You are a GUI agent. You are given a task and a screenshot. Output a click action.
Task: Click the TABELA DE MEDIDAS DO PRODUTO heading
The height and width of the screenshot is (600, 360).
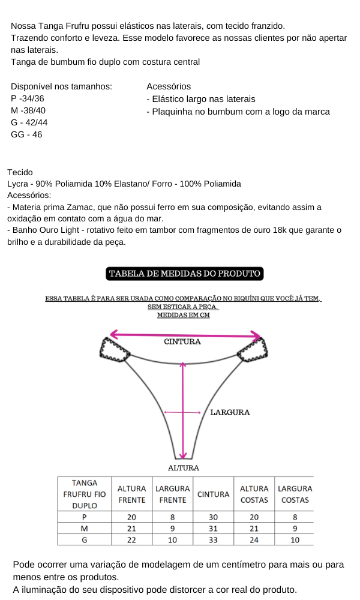tap(184, 274)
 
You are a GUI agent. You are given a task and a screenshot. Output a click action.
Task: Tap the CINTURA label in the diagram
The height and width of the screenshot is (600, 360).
tap(182, 342)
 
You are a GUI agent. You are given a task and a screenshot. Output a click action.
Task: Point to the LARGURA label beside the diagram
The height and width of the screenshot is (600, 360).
tap(230, 412)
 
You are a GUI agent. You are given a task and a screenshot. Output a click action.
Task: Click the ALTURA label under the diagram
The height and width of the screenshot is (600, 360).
tap(183, 467)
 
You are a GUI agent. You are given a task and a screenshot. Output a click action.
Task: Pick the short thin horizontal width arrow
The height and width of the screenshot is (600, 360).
tap(182, 412)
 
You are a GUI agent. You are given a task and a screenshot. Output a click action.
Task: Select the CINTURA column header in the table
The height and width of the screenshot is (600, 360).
tap(214, 494)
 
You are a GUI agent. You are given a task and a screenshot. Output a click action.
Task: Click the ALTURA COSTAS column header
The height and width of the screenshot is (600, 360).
tap(254, 494)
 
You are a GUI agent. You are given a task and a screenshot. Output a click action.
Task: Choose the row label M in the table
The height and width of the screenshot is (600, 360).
tap(84, 529)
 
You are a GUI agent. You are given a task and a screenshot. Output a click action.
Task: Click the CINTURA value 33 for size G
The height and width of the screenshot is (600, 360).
tap(213, 540)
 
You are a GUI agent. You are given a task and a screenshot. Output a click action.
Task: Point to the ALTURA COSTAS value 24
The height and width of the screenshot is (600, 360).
tap(254, 540)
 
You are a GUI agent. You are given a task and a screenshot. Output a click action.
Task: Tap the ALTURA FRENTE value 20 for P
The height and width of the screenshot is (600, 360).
tap(132, 517)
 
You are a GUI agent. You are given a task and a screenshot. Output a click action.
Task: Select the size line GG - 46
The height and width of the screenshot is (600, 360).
tap(26, 134)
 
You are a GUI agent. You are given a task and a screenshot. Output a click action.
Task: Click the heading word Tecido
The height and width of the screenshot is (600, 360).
tap(20, 172)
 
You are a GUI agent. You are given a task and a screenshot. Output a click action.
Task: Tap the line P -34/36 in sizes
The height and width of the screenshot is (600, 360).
tap(28, 99)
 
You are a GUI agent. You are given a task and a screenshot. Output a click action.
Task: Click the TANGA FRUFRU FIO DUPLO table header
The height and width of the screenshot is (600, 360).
tap(85, 494)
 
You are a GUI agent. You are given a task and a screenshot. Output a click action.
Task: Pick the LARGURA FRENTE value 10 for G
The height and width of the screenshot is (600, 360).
tap(172, 540)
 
